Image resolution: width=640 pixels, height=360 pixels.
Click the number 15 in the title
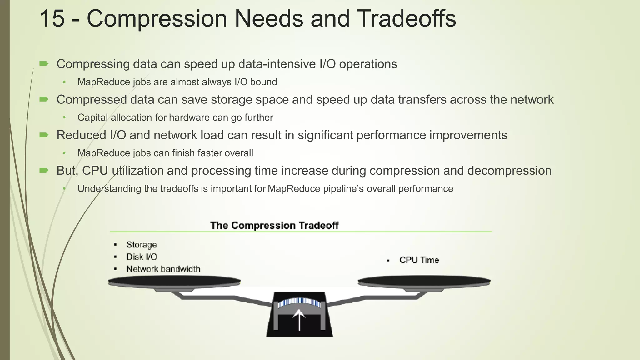52,19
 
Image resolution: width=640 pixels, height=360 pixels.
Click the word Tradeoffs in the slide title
406,19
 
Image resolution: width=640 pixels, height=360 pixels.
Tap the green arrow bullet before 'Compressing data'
44,64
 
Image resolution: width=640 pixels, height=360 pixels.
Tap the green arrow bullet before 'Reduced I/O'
44,135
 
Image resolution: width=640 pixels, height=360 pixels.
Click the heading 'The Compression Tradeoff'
274,225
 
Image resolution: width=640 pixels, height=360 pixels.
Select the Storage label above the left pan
141,245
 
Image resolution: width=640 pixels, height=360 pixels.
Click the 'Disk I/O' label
142,257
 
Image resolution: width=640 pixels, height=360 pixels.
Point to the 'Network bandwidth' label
163,269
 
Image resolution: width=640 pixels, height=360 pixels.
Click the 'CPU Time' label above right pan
419,260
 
